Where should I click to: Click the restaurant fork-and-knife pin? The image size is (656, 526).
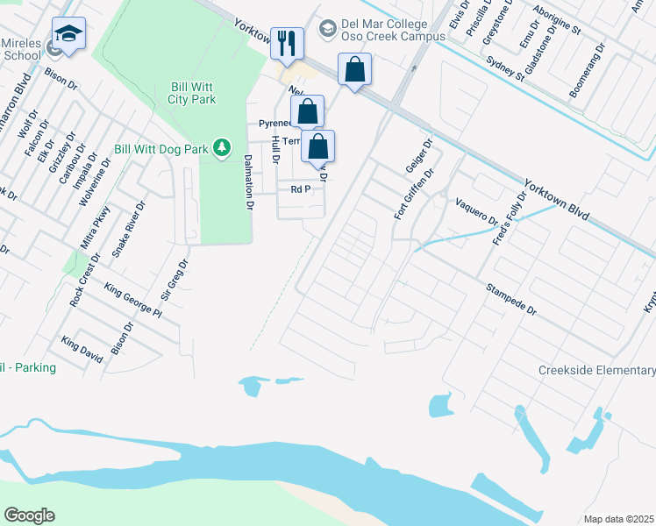(x=287, y=41)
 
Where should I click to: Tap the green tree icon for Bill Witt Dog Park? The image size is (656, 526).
(x=224, y=147)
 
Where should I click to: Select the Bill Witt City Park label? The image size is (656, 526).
(x=192, y=93)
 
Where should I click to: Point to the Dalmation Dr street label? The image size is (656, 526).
(x=249, y=181)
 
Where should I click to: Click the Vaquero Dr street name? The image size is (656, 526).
(x=476, y=211)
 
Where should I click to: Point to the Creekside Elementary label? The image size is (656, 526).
(x=596, y=371)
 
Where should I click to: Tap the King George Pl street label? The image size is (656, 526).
(x=133, y=300)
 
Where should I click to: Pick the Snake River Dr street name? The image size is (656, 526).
(x=128, y=228)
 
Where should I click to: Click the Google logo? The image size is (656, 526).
(x=29, y=515)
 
